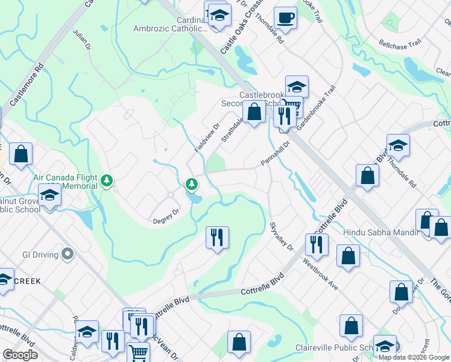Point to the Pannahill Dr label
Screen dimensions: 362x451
(276, 153)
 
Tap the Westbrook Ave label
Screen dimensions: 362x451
(320, 273)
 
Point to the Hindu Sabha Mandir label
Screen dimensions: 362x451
(380, 232)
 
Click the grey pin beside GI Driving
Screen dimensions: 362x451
(67, 255)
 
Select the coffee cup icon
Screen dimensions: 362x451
(285, 17)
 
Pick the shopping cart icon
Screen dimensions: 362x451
(139, 352)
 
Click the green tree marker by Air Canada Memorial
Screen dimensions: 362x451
(107, 180)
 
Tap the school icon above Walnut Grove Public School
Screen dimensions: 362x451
(49, 195)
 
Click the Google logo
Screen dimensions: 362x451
(20, 355)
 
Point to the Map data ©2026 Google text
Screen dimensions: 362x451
(414, 357)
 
